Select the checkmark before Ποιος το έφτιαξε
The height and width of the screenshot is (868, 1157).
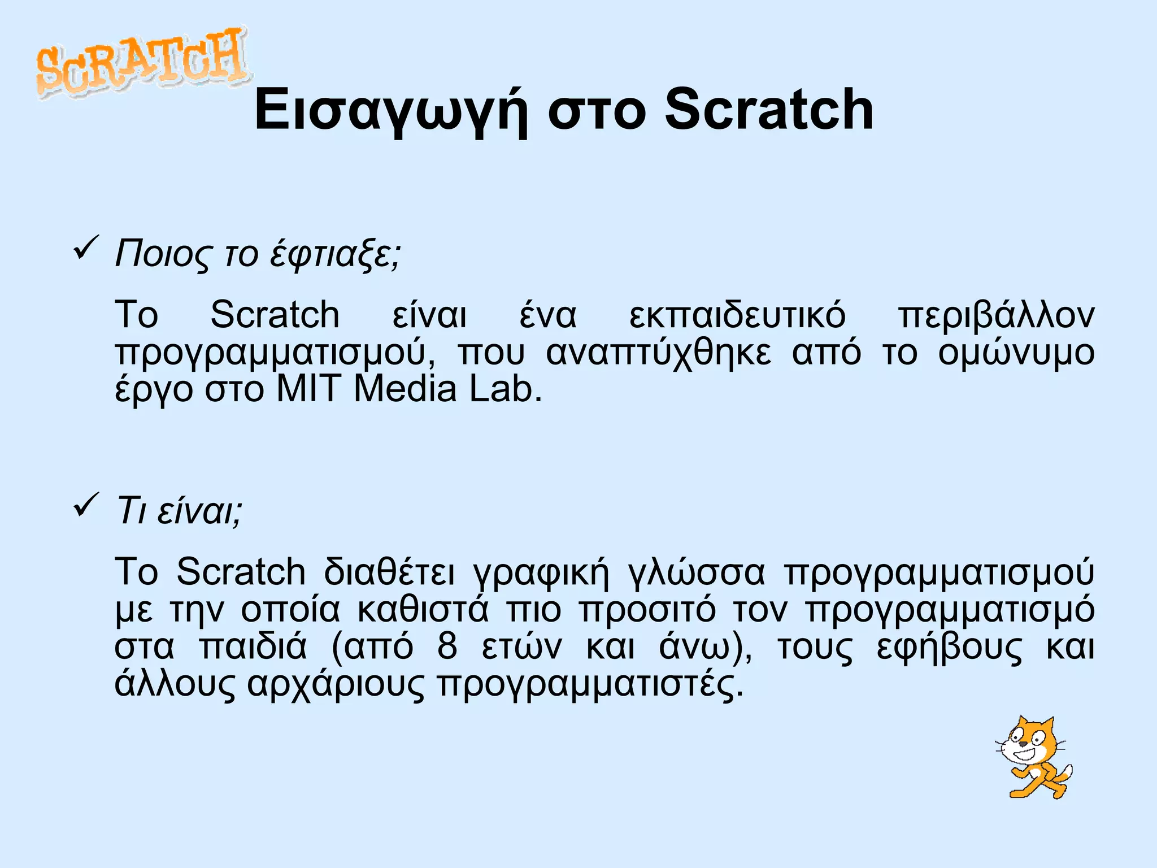[x=86, y=249]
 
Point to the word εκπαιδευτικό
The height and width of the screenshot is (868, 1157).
[x=737, y=315]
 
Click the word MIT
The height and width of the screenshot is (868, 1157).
[x=308, y=389]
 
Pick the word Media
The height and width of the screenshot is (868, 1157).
[x=404, y=389]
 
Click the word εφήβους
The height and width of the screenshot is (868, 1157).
[x=949, y=647]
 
